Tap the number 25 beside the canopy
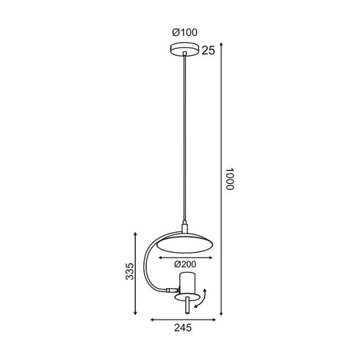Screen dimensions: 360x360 209,51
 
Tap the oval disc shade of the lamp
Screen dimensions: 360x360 181,241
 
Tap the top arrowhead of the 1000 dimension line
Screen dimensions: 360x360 221,45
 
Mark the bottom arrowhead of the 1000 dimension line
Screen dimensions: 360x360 221,315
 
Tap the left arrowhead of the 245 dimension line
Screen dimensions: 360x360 151,320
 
